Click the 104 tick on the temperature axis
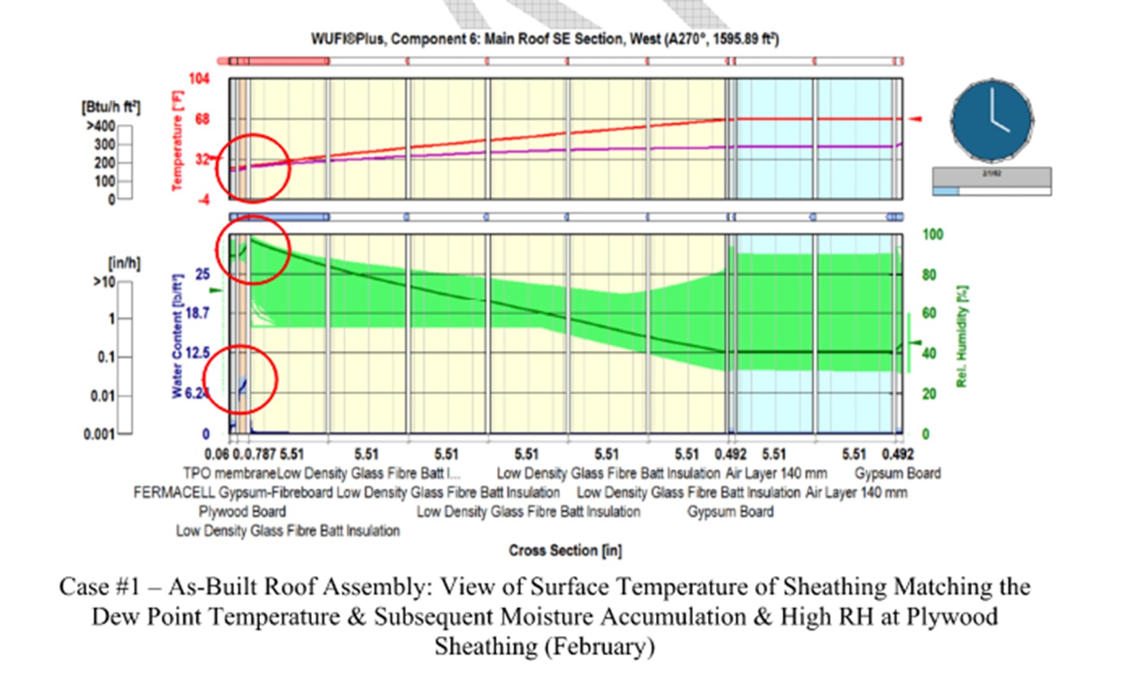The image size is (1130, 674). pos(199,79)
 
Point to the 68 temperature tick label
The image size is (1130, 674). pos(202,119)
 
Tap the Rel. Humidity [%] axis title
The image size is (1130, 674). pos(961,337)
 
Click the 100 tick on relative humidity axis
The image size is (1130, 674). pos(933,235)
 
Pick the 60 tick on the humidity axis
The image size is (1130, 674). pos(929,314)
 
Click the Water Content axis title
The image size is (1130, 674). pos(178,336)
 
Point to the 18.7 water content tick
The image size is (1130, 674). pos(197,314)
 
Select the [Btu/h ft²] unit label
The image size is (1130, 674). pos(110,107)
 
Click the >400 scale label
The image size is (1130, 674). pos(101,127)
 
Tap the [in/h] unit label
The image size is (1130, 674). pos(124,263)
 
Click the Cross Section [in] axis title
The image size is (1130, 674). pos(565,550)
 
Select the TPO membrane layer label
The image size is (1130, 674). pos(229,473)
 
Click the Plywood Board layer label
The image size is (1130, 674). pos(242,511)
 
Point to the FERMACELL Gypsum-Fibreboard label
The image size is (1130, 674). pos(233,492)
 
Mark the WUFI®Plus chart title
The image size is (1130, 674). pos(545,39)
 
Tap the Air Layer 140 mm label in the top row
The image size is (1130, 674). pos(776,473)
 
